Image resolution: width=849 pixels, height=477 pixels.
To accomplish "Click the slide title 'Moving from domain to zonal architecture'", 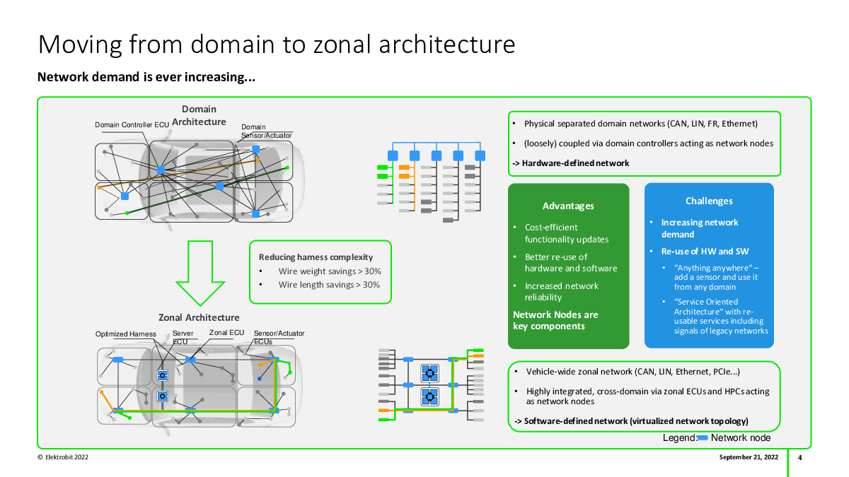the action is click(277, 45).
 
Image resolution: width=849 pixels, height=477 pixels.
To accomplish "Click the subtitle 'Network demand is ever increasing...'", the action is click(146, 77).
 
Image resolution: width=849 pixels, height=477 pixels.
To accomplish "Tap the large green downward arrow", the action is click(200, 273).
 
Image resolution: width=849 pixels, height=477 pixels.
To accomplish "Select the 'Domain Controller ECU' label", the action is click(132, 124).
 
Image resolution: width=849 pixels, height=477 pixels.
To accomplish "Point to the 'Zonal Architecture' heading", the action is click(199, 317).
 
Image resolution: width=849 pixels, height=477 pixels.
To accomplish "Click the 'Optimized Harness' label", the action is click(126, 334).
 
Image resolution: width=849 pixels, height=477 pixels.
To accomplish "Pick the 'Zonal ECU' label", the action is click(226, 332).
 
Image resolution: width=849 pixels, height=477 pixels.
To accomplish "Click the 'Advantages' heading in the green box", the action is click(568, 206).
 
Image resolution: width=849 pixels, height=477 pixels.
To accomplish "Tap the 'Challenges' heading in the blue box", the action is click(709, 201).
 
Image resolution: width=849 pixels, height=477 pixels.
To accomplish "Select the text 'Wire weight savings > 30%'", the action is click(330, 271).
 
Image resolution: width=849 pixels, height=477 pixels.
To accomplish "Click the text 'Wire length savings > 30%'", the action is click(329, 285).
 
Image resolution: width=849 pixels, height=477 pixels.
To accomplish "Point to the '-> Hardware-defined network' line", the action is click(571, 163).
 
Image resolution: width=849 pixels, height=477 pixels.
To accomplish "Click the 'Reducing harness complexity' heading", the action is click(316, 257).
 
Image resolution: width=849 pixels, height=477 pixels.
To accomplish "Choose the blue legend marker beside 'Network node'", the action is click(703, 438).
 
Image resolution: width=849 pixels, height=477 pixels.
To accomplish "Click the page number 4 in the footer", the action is click(799, 457).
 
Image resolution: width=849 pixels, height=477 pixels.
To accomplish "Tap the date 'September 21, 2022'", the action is click(749, 457).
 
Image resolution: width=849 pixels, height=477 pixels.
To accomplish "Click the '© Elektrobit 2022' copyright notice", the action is click(63, 457).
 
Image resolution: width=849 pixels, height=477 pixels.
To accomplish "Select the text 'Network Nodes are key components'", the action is click(555, 320).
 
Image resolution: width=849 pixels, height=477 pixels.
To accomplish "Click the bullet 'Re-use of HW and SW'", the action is click(705, 252).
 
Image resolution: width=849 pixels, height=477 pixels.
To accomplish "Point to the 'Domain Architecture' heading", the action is click(199, 115).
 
